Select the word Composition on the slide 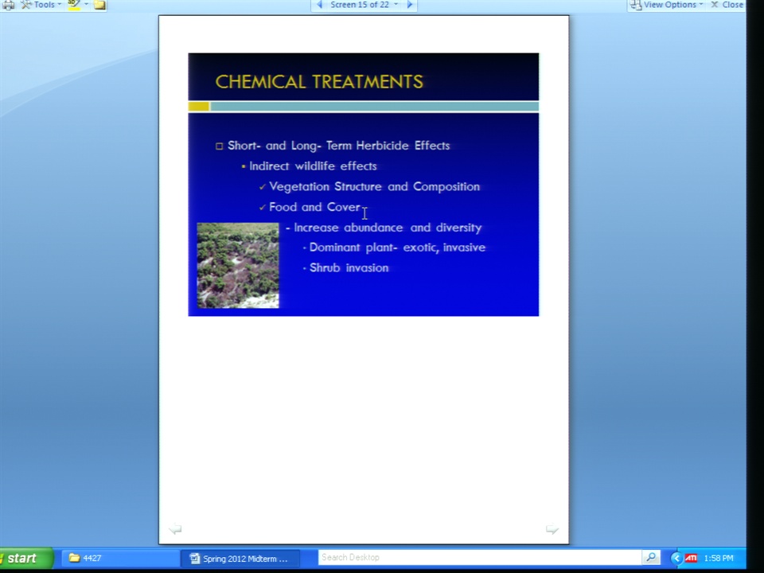click(x=446, y=187)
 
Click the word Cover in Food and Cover click(x=344, y=207)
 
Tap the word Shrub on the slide click(x=325, y=267)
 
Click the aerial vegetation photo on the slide click(x=238, y=266)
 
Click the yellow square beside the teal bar click(x=199, y=107)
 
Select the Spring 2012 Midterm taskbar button click(x=240, y=559)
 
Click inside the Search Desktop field click(x=479, y=557)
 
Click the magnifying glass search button click(x=651, y=557)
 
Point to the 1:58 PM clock click(x=719, y=559)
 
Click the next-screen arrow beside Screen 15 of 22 click(x=410, y=5)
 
